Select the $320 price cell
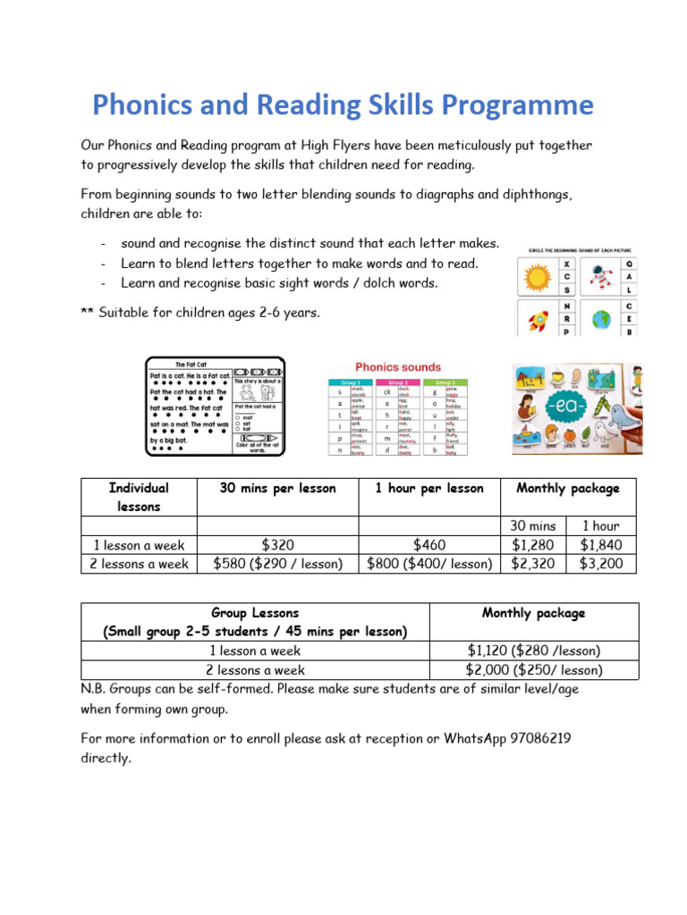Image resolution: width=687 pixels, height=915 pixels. [276, 545]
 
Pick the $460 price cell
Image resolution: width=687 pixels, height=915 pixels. [429, 545]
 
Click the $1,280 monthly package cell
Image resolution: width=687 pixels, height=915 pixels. [532, 545]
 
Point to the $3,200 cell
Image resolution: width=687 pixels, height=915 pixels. [601, 564]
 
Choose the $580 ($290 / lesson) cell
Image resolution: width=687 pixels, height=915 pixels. [276, 564]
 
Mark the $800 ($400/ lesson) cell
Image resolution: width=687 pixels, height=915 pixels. [429, 564]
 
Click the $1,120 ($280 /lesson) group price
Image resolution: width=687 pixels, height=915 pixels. [534, 651]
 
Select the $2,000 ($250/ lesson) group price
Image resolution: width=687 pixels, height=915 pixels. [534, 669]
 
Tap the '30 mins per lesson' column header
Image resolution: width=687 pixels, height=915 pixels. [277, 489]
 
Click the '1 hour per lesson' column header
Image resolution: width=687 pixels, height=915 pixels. [429, 489]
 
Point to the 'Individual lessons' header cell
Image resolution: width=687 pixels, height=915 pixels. [139, 497]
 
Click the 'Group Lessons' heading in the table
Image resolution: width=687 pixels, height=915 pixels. [255, 614]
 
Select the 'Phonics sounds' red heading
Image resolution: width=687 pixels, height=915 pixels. [398, 367]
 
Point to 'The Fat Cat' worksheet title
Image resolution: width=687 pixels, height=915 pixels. [191, 365]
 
